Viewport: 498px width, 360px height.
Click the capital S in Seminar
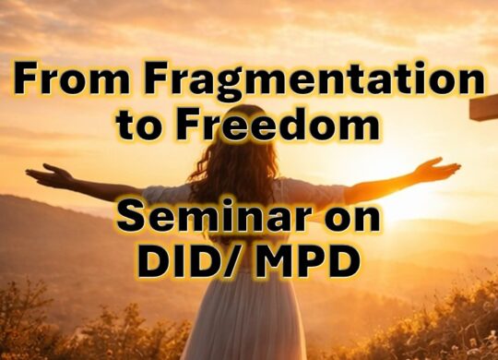point(135,222)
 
